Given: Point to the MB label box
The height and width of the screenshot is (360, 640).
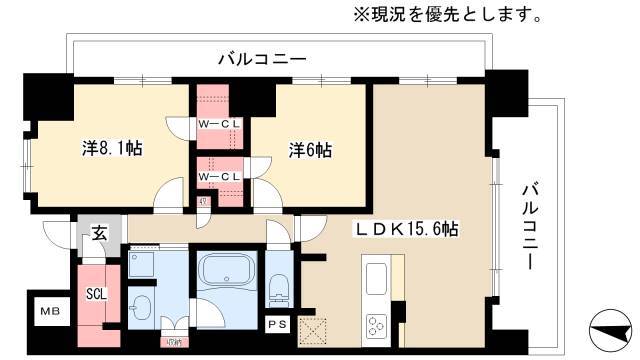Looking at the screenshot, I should [48, 312].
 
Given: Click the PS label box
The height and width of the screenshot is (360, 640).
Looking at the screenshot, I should [274, 323].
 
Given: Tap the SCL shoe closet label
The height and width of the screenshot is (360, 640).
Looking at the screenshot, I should [96, 294].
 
